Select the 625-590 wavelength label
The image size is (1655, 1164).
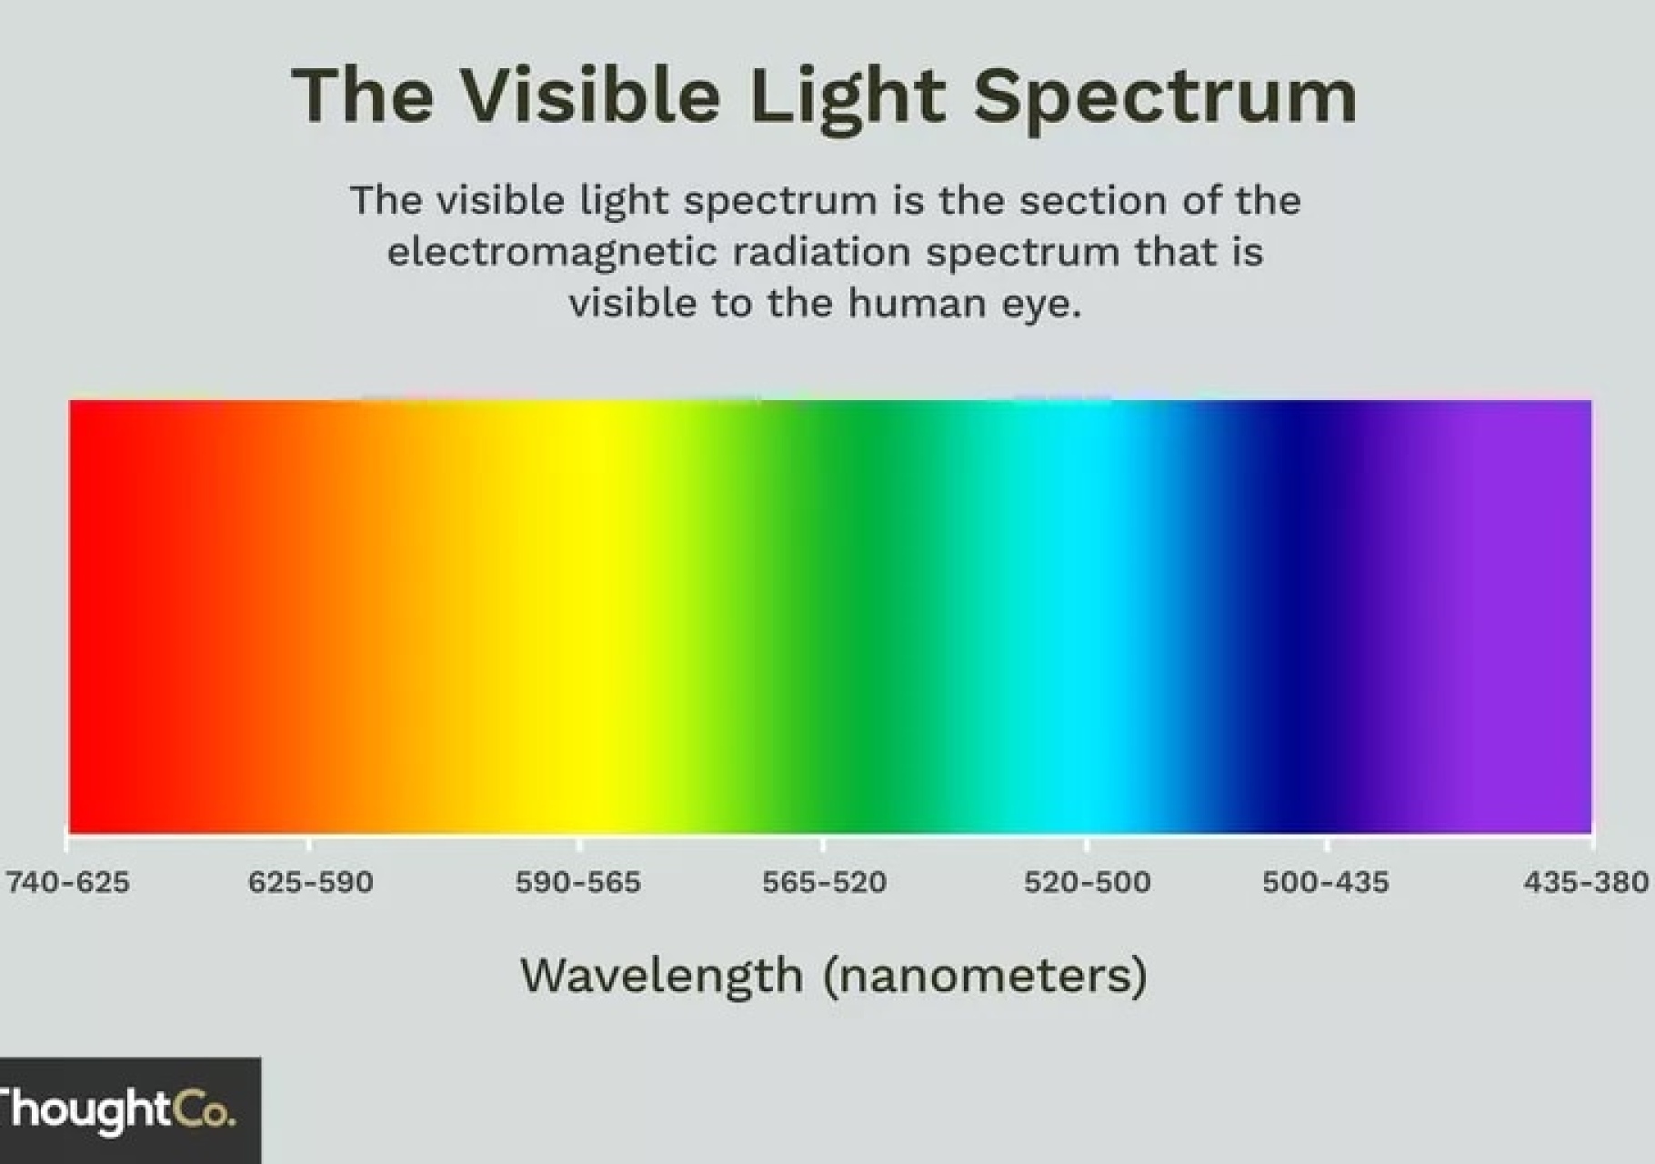[310, 882]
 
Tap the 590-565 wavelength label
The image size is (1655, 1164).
[578, 882]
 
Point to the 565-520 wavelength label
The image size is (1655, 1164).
[824, 882]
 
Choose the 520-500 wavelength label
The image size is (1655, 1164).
[1088, 882]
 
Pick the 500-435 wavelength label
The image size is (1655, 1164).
[1326, 882]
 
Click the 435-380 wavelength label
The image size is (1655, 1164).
[1587, 882]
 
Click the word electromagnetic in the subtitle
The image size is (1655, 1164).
[553, 253]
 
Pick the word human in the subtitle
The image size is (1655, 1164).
[918, 302]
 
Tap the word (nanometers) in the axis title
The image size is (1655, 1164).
[985, 977]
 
